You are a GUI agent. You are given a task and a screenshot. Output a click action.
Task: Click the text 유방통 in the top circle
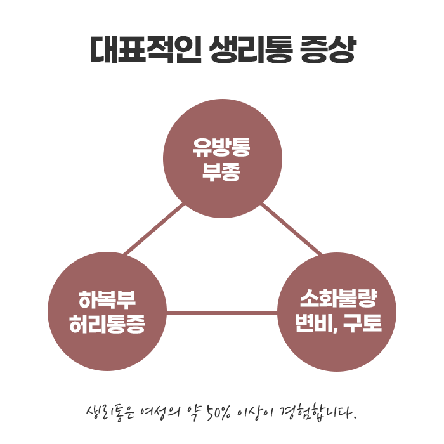222,148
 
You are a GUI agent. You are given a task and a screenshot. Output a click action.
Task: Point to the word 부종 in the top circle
222,171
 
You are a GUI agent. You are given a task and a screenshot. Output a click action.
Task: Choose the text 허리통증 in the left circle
107,325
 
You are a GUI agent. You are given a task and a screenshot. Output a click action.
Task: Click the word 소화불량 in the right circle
337,299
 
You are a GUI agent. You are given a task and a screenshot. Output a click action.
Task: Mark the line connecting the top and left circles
154,229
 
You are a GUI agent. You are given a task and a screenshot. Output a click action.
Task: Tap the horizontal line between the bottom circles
222,312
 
